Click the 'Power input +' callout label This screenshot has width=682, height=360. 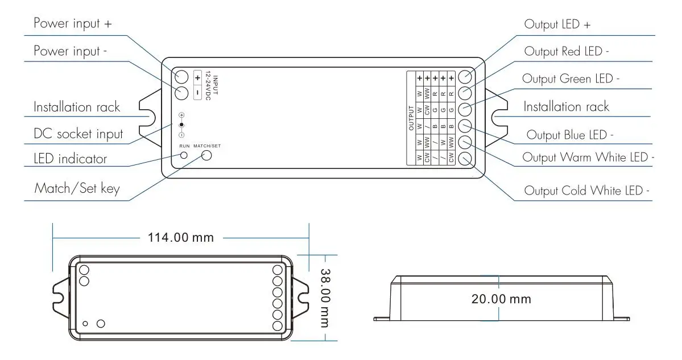[x=73, y=24]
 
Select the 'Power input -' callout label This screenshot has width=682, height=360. [x=71, y=51]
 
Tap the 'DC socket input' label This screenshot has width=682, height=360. [x=78, y=134]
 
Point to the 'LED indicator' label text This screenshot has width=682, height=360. [x=70, y=159]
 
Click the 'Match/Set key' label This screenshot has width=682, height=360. [x=77, y=188]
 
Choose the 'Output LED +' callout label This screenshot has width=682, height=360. [x=558, y=24]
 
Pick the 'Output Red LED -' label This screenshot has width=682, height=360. [x=567, y=51]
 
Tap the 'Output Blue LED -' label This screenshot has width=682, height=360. [x=570, y=135]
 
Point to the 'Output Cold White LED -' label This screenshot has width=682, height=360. [x=586, y=191]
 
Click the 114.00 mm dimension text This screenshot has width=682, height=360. [x=181, y=238]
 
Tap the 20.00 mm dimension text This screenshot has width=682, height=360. [x=501, y=299]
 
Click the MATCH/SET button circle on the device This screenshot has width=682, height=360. [x=206, y=155]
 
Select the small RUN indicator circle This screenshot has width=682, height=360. [x=184, y=155]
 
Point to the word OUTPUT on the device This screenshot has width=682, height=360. [x=411, y=118]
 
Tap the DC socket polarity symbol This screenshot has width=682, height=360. [x=181, y=125]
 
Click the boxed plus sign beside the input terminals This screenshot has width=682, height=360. [x=197, y=77]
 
